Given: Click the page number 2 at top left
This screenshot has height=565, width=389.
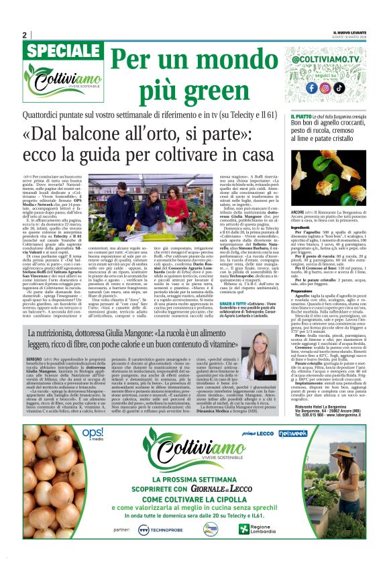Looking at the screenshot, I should coord(25,35).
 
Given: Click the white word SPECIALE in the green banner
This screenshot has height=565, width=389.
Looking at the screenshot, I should coord(64,53).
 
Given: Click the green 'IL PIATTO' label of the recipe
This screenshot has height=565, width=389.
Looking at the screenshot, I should coord(302,117).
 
